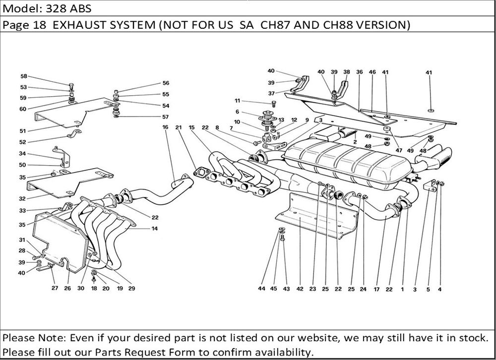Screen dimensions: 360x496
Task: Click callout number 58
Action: click(x=24, y=76)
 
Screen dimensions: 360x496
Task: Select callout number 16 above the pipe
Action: click(x=165, y=127)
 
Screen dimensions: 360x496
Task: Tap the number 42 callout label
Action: click(x=300, y=289)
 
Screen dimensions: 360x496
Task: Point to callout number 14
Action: click(x=155, y=229)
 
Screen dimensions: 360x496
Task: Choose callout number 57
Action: click(x=165, y=117)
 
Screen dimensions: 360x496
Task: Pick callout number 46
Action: click(x=372, y=72)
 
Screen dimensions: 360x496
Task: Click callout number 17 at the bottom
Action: click(x=377, y=289)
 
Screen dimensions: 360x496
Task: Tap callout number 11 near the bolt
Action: click(x=238, y=101)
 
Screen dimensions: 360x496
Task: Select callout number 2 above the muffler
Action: click(x=355, y=142)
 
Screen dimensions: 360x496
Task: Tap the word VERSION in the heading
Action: click(x=381, y=25)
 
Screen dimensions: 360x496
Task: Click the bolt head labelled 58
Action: click(x=71, y=84)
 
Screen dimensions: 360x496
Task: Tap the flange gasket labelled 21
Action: click(x=201, y=174)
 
